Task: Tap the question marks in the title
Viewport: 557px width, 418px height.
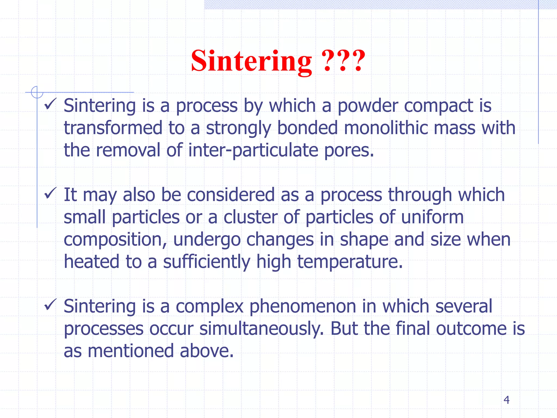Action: (x=343, y=61)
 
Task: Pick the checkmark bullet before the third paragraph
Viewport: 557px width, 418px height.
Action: (x=50, y=305)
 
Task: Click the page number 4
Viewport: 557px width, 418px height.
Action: (x=506, y=400)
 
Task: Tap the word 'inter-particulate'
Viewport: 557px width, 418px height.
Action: (x=253, y=150)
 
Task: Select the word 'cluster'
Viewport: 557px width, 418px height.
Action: (x=250, y=217)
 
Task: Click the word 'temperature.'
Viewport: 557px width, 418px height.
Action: (x=350, y=262)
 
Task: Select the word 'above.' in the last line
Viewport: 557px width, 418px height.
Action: (x=207, y=351)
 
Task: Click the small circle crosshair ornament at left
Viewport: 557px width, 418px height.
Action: (x=37, y=92)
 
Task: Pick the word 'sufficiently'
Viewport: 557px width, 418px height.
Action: (x=206, y=262)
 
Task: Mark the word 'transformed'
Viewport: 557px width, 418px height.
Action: (x=113, y=128)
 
